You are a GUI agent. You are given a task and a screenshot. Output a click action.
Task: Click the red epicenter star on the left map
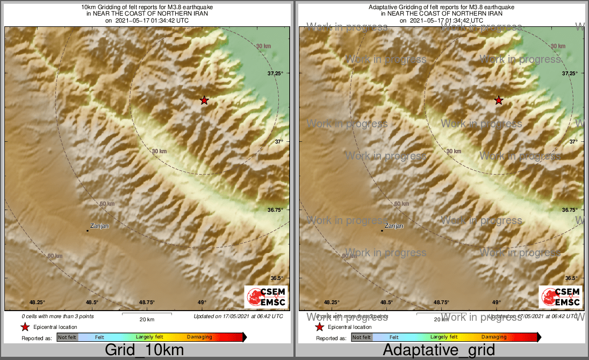point(204,100)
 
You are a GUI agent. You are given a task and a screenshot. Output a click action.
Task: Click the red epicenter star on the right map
point(498,100)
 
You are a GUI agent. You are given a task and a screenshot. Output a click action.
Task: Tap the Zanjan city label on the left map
point(99,226)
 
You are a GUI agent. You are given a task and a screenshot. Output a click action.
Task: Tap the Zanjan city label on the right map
point(394,226)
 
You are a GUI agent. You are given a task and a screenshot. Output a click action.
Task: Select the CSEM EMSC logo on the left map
point(266,297)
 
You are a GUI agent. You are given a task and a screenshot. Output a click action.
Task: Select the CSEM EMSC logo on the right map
point(561,297)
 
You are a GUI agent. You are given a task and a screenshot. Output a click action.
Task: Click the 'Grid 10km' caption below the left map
point(144,350)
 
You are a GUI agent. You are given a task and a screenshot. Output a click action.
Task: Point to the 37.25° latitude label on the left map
point(275,73)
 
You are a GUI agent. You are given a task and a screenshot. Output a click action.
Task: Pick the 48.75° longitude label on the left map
point(147,302)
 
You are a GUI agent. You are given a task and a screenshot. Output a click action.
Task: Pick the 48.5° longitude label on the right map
point(386,302)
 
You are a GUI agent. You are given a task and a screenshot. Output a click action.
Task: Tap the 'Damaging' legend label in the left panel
point(199,337)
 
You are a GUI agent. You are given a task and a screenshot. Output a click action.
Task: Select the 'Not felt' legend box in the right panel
point(362,337)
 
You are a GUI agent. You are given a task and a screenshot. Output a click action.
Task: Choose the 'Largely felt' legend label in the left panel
point(149,337)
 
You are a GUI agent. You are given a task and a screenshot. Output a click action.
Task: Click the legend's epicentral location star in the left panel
point(25,327)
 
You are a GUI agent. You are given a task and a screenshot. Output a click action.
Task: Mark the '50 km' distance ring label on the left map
point(107,204)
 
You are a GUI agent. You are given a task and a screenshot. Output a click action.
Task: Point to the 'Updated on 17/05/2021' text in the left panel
point(238,316)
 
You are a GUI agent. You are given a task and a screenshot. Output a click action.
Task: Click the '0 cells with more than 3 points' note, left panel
point(58,316)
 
